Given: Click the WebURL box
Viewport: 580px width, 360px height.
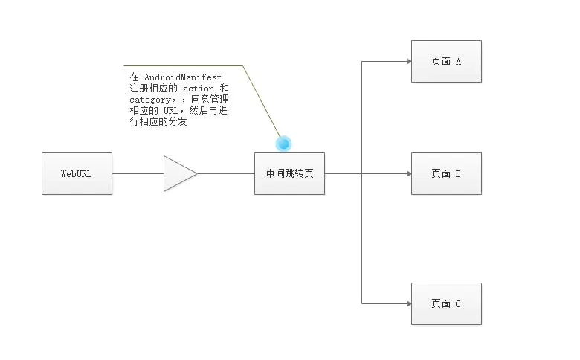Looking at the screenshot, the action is tap(77, 173).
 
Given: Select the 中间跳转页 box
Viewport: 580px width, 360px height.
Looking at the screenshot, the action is tap(290, 173).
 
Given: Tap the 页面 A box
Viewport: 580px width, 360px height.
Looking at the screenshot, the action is tap(446, 62).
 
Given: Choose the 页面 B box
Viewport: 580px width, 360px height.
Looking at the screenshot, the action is tap(446, 173).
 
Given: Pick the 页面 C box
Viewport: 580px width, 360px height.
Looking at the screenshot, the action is tap(446, 303).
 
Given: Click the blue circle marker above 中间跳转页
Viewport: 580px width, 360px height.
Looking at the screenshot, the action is tap(284, 144).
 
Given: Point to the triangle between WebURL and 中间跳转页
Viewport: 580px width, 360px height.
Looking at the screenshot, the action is tap(180, 173).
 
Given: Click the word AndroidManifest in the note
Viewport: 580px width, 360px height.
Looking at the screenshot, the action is tap(182, 77).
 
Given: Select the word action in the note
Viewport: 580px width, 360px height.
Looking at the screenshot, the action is tap(199, 89).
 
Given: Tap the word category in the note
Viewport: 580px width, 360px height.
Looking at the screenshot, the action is tap(149, 100).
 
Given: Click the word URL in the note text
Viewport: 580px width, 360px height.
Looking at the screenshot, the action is tap(171, 111).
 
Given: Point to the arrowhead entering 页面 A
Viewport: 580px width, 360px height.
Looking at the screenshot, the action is tap(409, 62).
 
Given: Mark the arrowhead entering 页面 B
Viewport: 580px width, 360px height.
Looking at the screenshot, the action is tap(409, 173).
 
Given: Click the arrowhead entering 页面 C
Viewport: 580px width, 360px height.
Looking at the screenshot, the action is tap(409, 303).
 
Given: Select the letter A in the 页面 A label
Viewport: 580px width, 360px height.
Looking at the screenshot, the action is tap(458, 62).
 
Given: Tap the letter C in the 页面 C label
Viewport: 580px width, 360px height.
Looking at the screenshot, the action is tap(458, 303).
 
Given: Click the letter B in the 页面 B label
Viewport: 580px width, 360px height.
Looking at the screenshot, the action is tap(458, 173).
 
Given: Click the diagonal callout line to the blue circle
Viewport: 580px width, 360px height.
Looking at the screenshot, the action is tap(261, 101).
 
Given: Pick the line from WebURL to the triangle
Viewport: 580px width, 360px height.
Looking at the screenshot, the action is tap(138, 173).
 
